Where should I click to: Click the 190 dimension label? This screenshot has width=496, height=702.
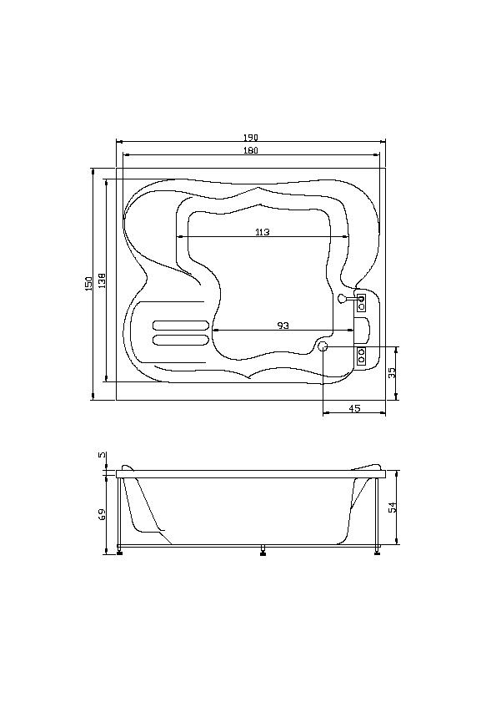click(x=251, y=138)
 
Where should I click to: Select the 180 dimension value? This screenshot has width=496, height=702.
click(x=251, y=150)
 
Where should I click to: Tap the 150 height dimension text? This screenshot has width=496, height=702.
click(x=88, y=284)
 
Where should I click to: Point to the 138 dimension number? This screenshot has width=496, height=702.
click(x=102, y=280)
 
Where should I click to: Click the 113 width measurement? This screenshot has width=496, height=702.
click(x=263, y=232)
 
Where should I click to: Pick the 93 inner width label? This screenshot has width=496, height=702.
click(x=283, y=326)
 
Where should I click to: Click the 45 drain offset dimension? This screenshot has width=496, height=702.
click(x=354, y=408)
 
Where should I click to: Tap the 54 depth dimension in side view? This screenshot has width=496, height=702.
click(x=393, y=508)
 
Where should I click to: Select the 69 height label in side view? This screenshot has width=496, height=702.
click(x=102, y=514)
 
